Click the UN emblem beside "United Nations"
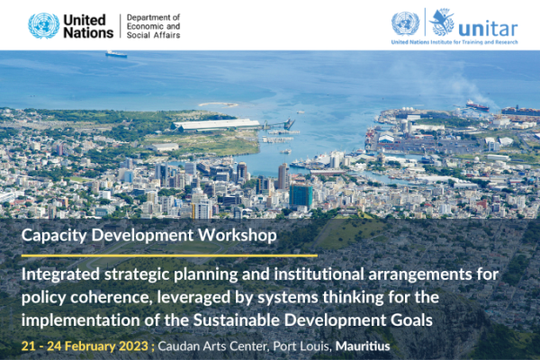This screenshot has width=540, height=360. click(44, 26)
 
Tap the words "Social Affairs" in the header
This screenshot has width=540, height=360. click(153, 35)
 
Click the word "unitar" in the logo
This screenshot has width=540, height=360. click(488, 29)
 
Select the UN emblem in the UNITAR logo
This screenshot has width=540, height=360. click(405, 23)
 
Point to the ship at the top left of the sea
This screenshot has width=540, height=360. click(116, 54)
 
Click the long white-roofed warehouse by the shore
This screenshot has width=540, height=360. click(216, 124)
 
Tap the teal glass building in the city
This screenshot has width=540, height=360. click(301, 196)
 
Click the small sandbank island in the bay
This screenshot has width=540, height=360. click(218, 104)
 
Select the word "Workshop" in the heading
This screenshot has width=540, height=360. click(238, 235)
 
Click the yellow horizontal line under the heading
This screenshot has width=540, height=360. click(169, 256)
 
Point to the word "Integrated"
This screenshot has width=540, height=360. click(60, 274)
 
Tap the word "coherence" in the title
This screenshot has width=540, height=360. click(110, 297)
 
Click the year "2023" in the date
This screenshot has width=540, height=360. click(133, 346)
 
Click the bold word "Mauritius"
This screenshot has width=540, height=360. click(363, 346)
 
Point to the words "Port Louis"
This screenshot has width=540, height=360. click(302, 346)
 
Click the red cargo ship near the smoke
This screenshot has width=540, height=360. click(477, 105)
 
